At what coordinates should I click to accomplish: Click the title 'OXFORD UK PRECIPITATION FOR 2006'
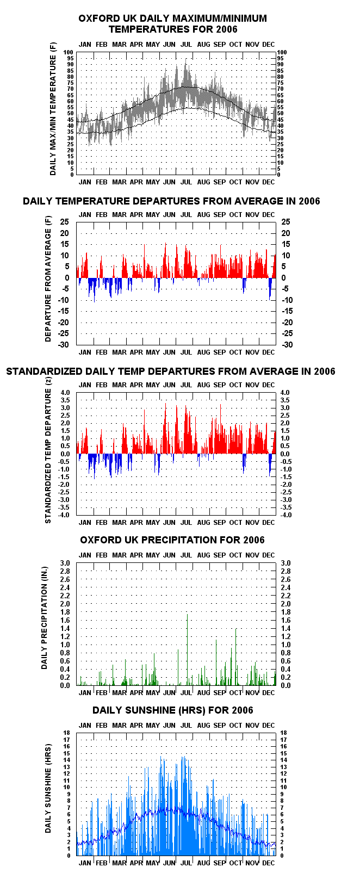point(172,540)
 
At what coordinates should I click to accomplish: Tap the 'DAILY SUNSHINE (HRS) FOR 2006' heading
point(173,710)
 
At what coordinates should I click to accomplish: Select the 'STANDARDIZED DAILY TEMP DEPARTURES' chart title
point(170,371)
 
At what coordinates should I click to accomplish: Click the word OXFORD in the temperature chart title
point(93,18)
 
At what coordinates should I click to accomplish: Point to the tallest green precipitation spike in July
point(187,649)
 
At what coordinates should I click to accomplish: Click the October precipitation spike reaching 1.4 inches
point(236,656)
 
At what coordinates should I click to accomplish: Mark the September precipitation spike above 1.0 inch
point(216,662)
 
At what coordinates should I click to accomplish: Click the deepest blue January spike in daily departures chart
point(95,290)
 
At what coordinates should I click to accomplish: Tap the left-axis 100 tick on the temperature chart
point(68,52)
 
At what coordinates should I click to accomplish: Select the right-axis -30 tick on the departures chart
point(287,345)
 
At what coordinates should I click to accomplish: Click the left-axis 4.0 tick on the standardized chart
point(65,392)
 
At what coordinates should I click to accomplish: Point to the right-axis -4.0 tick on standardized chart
point(286,515)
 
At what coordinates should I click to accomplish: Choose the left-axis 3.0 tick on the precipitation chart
point(65,563)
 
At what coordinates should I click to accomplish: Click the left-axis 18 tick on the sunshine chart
point(66,733)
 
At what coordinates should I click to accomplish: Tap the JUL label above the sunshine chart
point(186,725)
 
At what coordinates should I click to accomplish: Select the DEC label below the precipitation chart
point(269,692)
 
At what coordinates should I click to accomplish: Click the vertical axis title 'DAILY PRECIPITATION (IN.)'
point(44,617)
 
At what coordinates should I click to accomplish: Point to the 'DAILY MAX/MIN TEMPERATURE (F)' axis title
point(53,109)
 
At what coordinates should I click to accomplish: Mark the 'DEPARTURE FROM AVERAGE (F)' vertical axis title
point(48,278)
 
